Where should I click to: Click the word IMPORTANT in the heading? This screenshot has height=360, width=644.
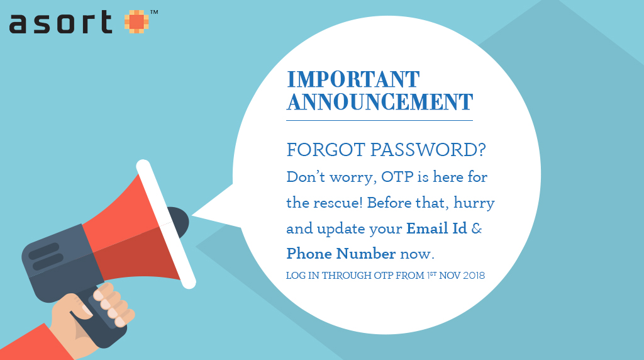(x=353, y=79)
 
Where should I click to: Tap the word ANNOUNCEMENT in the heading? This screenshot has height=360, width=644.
(x=380, y=102)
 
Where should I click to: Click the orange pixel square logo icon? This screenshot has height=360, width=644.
(x=136, y=22)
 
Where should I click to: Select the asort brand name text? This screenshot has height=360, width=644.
(x=61, y=22)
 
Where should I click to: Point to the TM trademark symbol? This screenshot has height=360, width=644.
(x=154, y=13)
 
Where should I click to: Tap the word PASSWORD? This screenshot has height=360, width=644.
(x=428, y=150)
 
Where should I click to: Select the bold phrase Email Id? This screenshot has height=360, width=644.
(x=436, y=228)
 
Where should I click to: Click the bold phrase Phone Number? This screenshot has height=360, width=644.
(x=341, y=254)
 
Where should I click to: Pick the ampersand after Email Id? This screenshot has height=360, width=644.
(x=477, y=228)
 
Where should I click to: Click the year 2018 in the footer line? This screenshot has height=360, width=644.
(x=474, y=275)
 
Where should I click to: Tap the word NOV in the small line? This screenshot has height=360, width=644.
(x=449, y=275)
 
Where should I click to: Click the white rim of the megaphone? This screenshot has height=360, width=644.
(x=166, y=224)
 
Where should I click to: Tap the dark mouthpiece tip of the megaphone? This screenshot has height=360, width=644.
(x=179, y=222)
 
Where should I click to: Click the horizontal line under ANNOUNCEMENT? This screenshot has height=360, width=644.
(x=379, y=120)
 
